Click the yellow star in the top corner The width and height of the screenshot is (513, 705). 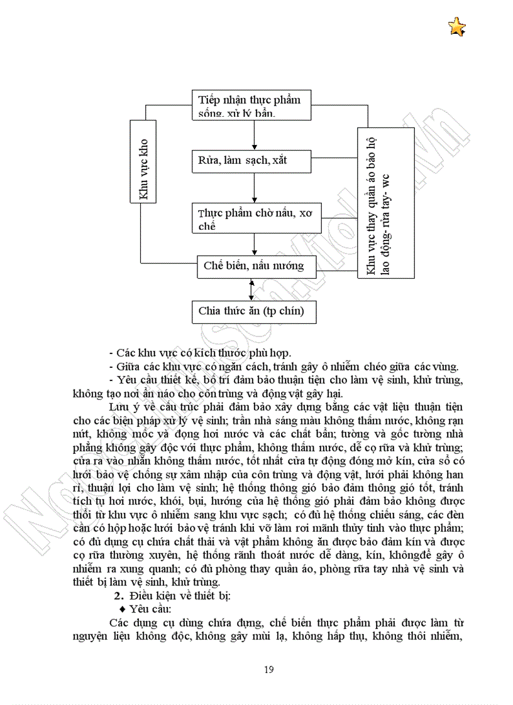pyautogui.click(x=457, y=27)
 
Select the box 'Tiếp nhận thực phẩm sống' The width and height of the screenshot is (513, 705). pyautogui.click(x=252, y=105)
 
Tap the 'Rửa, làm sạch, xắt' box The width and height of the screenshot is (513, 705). pyautogui.click(x=252, y=161)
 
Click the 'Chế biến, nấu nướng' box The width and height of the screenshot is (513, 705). pyautogui.click(x=254, y=266)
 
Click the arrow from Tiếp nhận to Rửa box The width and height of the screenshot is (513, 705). pyautogui.click(x=253, y=134)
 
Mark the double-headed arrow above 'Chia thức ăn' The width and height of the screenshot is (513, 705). pyautogui.click(x=252, y=288)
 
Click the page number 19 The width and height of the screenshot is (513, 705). pyautogui.click(x=269, y=670)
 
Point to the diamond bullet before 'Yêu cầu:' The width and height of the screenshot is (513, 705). pyautogui.click(x=123, y=609)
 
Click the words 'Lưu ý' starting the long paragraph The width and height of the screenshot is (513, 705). pyautogui.click(x=123, y=406)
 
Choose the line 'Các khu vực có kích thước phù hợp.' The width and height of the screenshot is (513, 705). pyautogui.click(x=202, y=353)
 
